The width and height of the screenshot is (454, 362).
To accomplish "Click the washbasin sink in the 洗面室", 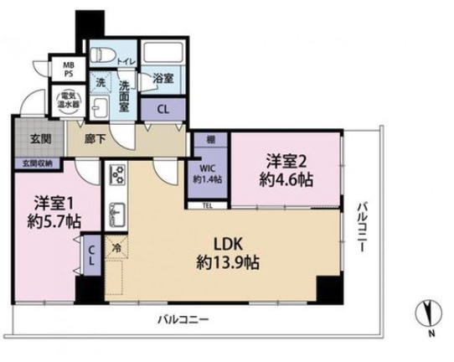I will pyautogui.click(x=100, y=109).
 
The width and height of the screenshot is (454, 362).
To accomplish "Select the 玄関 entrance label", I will pyautogui.click(x=30, y=138).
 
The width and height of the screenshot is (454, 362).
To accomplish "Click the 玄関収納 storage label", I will pyautogui.click(x=31, y=163).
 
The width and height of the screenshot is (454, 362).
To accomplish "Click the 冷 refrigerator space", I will pyautogui.click(x=116, y=248).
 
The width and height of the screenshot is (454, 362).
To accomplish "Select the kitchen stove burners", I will pyautogui.click(x=116, y=176).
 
